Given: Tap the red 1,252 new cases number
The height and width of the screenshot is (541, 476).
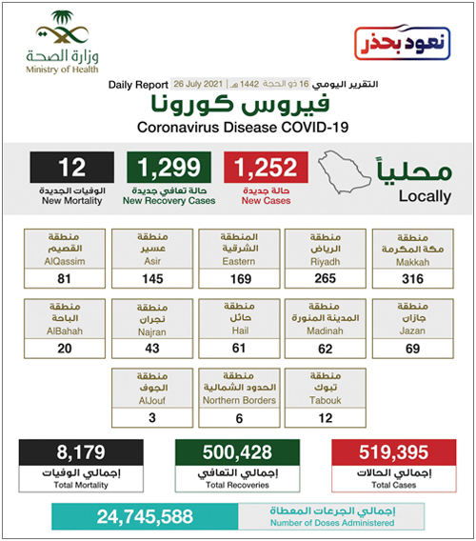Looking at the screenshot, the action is [265, 168].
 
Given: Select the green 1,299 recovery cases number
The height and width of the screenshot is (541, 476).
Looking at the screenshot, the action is [169, 168].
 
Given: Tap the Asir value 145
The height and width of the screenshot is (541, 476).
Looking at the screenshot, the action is [153, 278].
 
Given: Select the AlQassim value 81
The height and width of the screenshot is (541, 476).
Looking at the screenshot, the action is [66, 278].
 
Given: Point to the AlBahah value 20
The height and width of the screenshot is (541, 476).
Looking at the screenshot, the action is [66, 349].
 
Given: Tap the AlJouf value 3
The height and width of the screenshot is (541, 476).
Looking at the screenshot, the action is [153, 418].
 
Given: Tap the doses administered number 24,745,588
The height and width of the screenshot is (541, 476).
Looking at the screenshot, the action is [143, 517].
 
